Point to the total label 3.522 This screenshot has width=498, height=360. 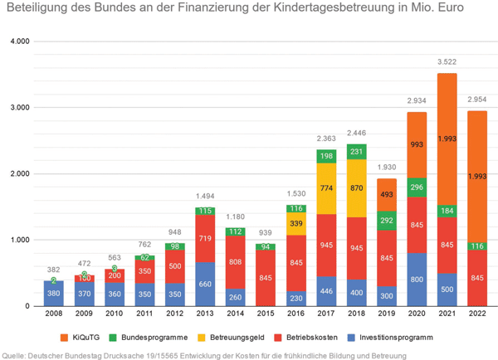click(447, 62)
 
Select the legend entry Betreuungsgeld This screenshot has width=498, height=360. click(236, 338)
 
